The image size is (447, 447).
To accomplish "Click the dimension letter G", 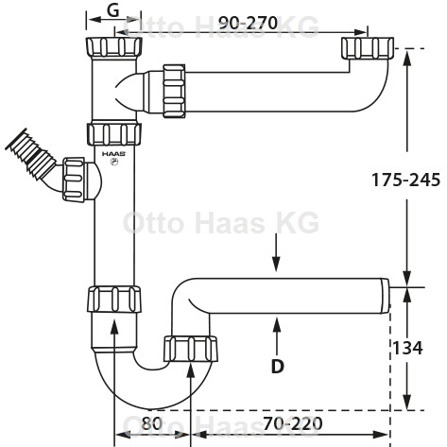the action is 113,10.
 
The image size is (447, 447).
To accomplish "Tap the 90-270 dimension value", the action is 249,23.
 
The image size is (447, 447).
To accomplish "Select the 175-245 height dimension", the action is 405,180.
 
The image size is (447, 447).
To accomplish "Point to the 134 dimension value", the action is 407,348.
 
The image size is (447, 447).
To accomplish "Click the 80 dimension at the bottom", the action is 151,423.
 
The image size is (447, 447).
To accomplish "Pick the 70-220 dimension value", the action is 293,423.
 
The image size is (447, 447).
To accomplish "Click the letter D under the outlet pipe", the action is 277,366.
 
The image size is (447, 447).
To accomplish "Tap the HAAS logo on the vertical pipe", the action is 113,154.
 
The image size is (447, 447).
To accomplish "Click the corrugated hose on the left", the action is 31,158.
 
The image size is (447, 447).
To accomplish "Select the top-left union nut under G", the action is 113,47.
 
